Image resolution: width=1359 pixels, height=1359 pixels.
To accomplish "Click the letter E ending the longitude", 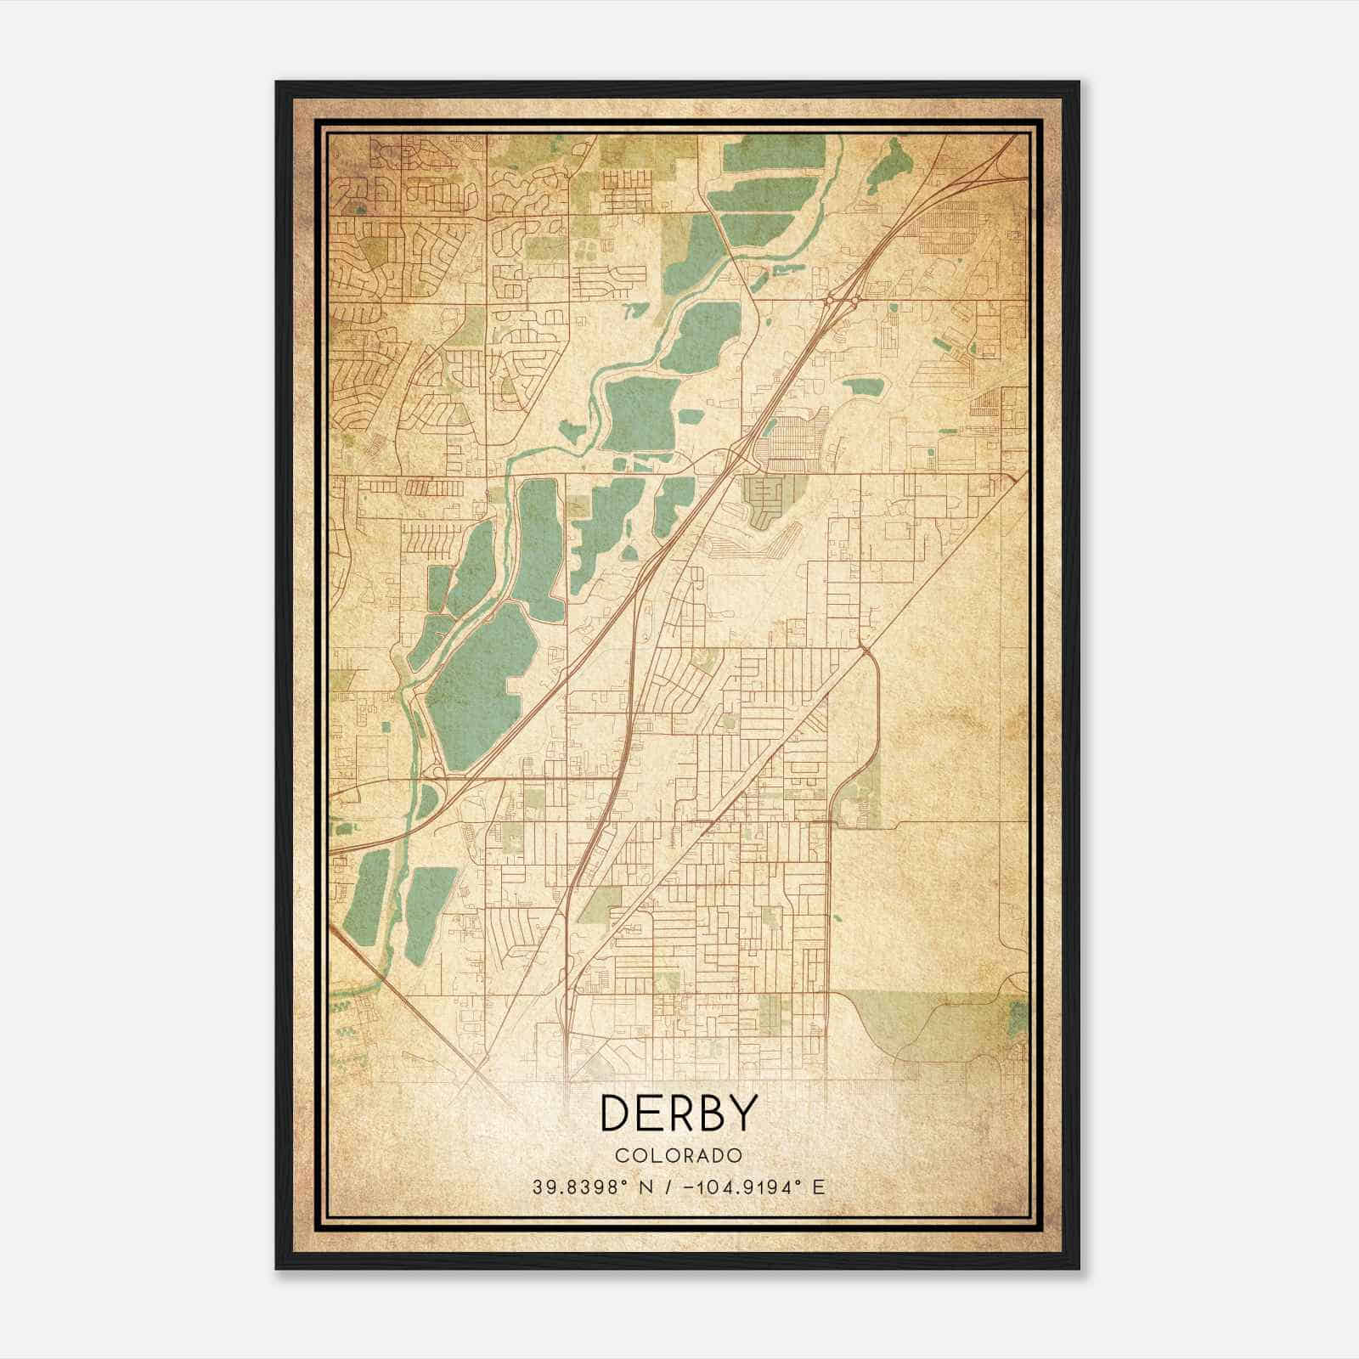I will tap(818, 1187).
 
